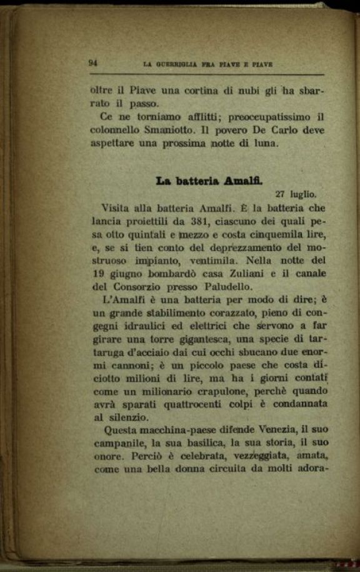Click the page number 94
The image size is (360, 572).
(94, 62)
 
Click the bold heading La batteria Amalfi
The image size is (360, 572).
(209, 181)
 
